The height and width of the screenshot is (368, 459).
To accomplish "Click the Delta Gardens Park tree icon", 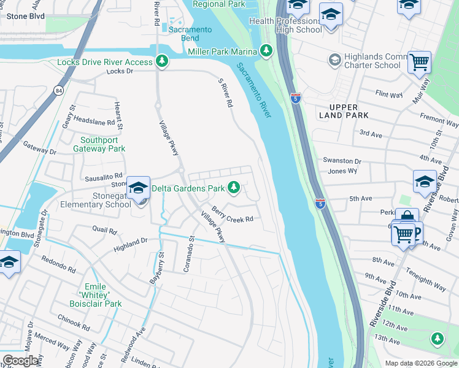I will click(x=234, y=188).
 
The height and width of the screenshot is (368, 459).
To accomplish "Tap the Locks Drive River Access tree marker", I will click(x=162, y=61).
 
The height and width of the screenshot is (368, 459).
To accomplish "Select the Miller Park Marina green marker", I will click(x=266, y=50).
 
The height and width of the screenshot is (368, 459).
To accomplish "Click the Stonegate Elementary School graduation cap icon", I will click(x=139, y=188).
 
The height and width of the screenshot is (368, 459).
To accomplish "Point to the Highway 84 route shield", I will click(x=58, y=91).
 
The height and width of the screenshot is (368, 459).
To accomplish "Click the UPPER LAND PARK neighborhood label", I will click(x=344, y=111).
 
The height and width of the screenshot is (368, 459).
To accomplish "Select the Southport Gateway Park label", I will click(x=99, y=144).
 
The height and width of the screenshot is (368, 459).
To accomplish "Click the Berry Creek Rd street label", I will click(x=233, y=215).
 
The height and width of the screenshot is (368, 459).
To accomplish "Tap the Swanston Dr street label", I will click(x=342, y=161).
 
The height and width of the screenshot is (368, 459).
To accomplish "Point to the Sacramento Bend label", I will click(x=191, y=34).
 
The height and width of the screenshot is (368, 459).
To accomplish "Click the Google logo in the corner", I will click(x=20, y=361).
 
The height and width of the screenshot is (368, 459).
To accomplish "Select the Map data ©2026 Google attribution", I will click(x=420, y=362).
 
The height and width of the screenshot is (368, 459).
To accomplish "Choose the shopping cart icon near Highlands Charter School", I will click(x=419, y=61).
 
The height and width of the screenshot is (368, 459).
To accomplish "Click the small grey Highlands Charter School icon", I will click(x=334, y=59).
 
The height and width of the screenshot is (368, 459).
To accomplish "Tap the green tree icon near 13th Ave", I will click(x=437, y=338).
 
